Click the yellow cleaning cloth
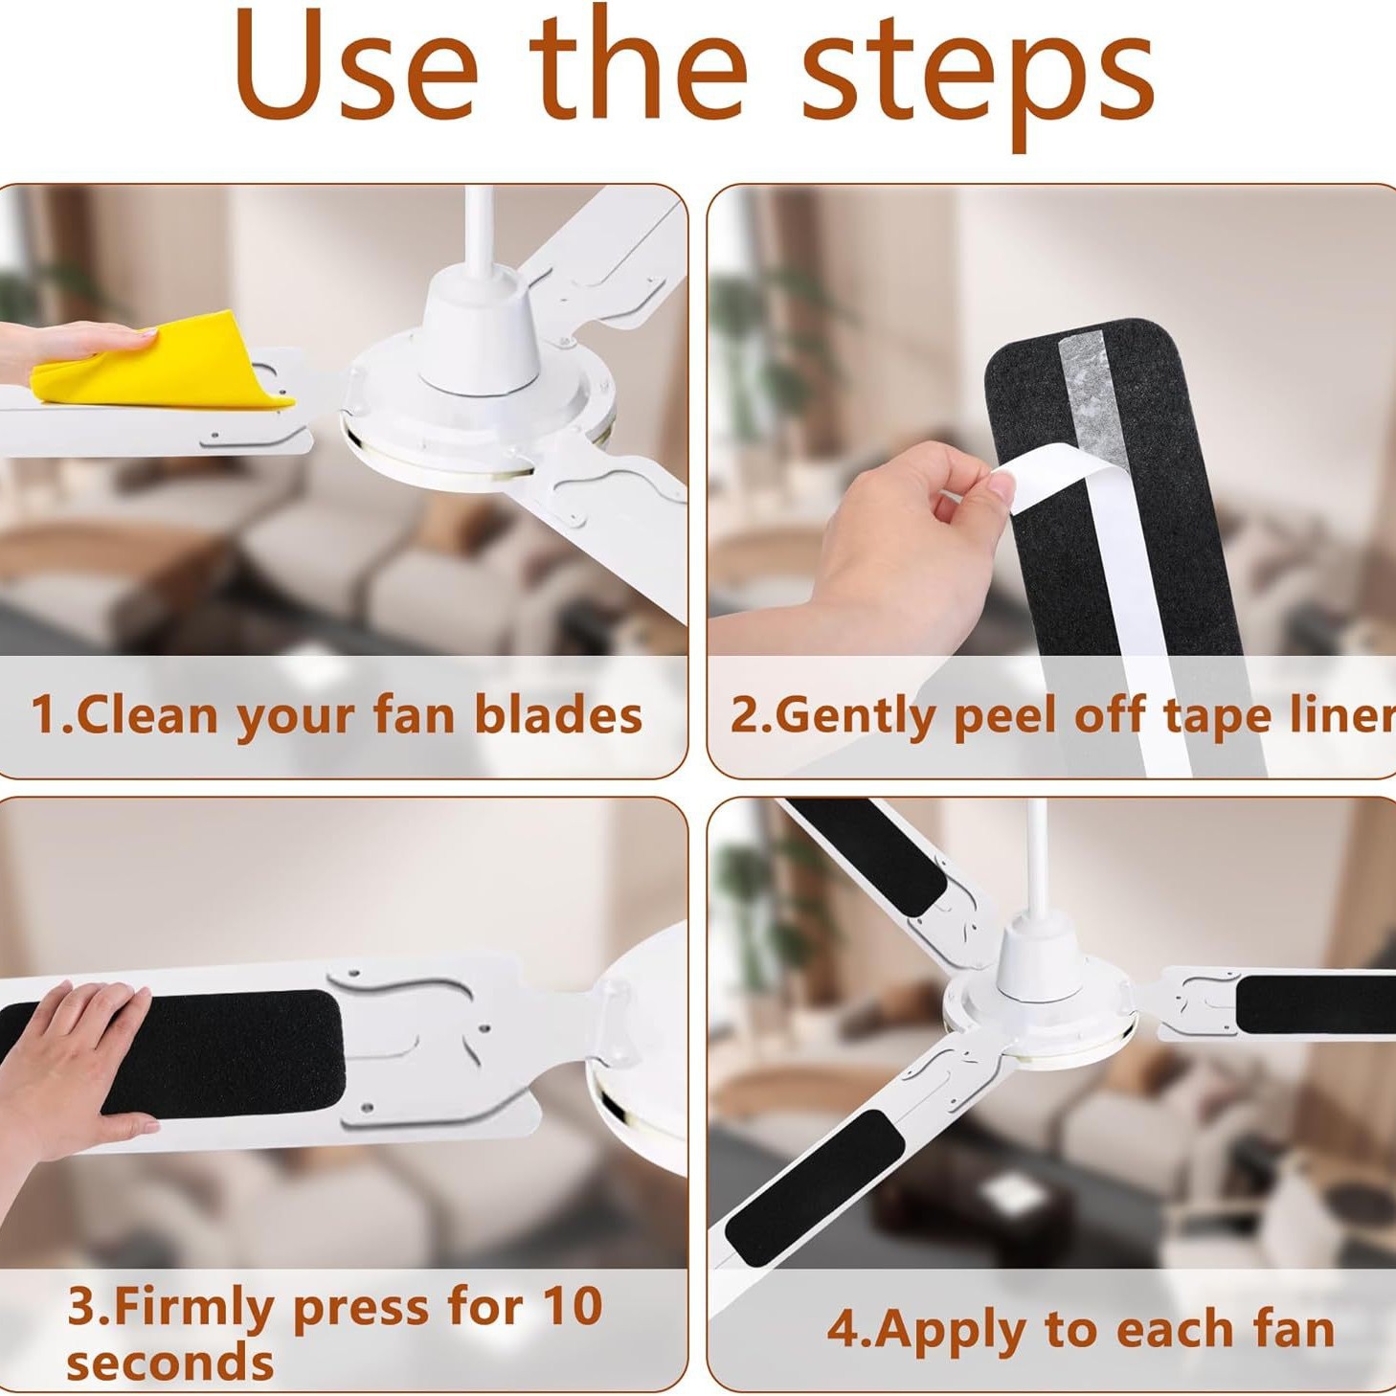[163, 369]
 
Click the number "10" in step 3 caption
[572, 1305]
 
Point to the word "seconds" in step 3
[169, 1361]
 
